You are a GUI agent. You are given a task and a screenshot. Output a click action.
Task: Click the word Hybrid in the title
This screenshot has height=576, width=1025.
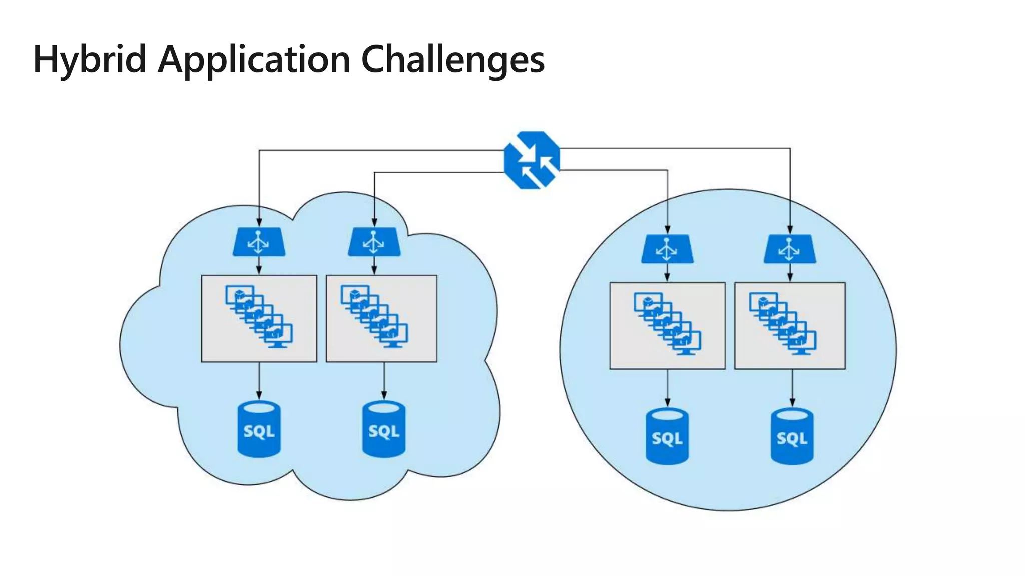coord(90,60)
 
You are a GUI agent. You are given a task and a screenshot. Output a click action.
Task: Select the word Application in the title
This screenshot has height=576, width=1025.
coord(254,60)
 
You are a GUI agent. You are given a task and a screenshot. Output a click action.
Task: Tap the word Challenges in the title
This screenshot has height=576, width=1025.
coord(452,60)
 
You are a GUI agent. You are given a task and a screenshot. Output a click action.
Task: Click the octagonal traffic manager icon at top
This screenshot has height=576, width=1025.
coord(532,160)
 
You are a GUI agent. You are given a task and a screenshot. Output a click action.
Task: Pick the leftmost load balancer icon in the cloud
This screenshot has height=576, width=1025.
coord(259,242)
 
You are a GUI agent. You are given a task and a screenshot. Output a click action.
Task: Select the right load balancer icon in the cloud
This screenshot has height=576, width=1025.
coord(374,242)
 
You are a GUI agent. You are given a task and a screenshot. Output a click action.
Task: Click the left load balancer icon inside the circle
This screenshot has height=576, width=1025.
coord(667,249)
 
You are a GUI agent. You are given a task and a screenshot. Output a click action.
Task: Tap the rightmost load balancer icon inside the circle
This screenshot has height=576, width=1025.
coord(789,249)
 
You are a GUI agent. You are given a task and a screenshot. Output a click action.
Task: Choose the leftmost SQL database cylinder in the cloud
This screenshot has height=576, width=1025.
coord(259,429)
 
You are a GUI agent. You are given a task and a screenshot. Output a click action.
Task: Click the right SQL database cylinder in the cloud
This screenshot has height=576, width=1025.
coord(384,429)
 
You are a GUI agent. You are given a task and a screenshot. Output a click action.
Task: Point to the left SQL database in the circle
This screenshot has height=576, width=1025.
coord(667,437)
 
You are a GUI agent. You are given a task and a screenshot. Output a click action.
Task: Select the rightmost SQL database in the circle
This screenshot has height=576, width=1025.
coord(792,437)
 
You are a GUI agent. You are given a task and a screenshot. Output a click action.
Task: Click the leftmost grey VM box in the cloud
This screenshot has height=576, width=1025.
coord(259,318)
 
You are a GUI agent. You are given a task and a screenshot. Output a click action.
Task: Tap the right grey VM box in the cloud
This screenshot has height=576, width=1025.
coord(381,318)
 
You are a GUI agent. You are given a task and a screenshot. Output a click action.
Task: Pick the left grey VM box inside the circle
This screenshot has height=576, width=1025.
coord(667,326)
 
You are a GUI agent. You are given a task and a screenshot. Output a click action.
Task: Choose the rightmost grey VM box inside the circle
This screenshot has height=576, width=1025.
coord(790,326)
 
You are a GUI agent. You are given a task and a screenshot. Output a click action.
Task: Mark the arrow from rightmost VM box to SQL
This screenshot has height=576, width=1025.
coord(792,388)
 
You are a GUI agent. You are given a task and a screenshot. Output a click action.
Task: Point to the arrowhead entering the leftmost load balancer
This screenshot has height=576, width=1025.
coord(259,223)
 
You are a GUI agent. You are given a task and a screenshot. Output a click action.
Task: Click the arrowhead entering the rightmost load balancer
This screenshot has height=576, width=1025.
coord(790,230)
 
